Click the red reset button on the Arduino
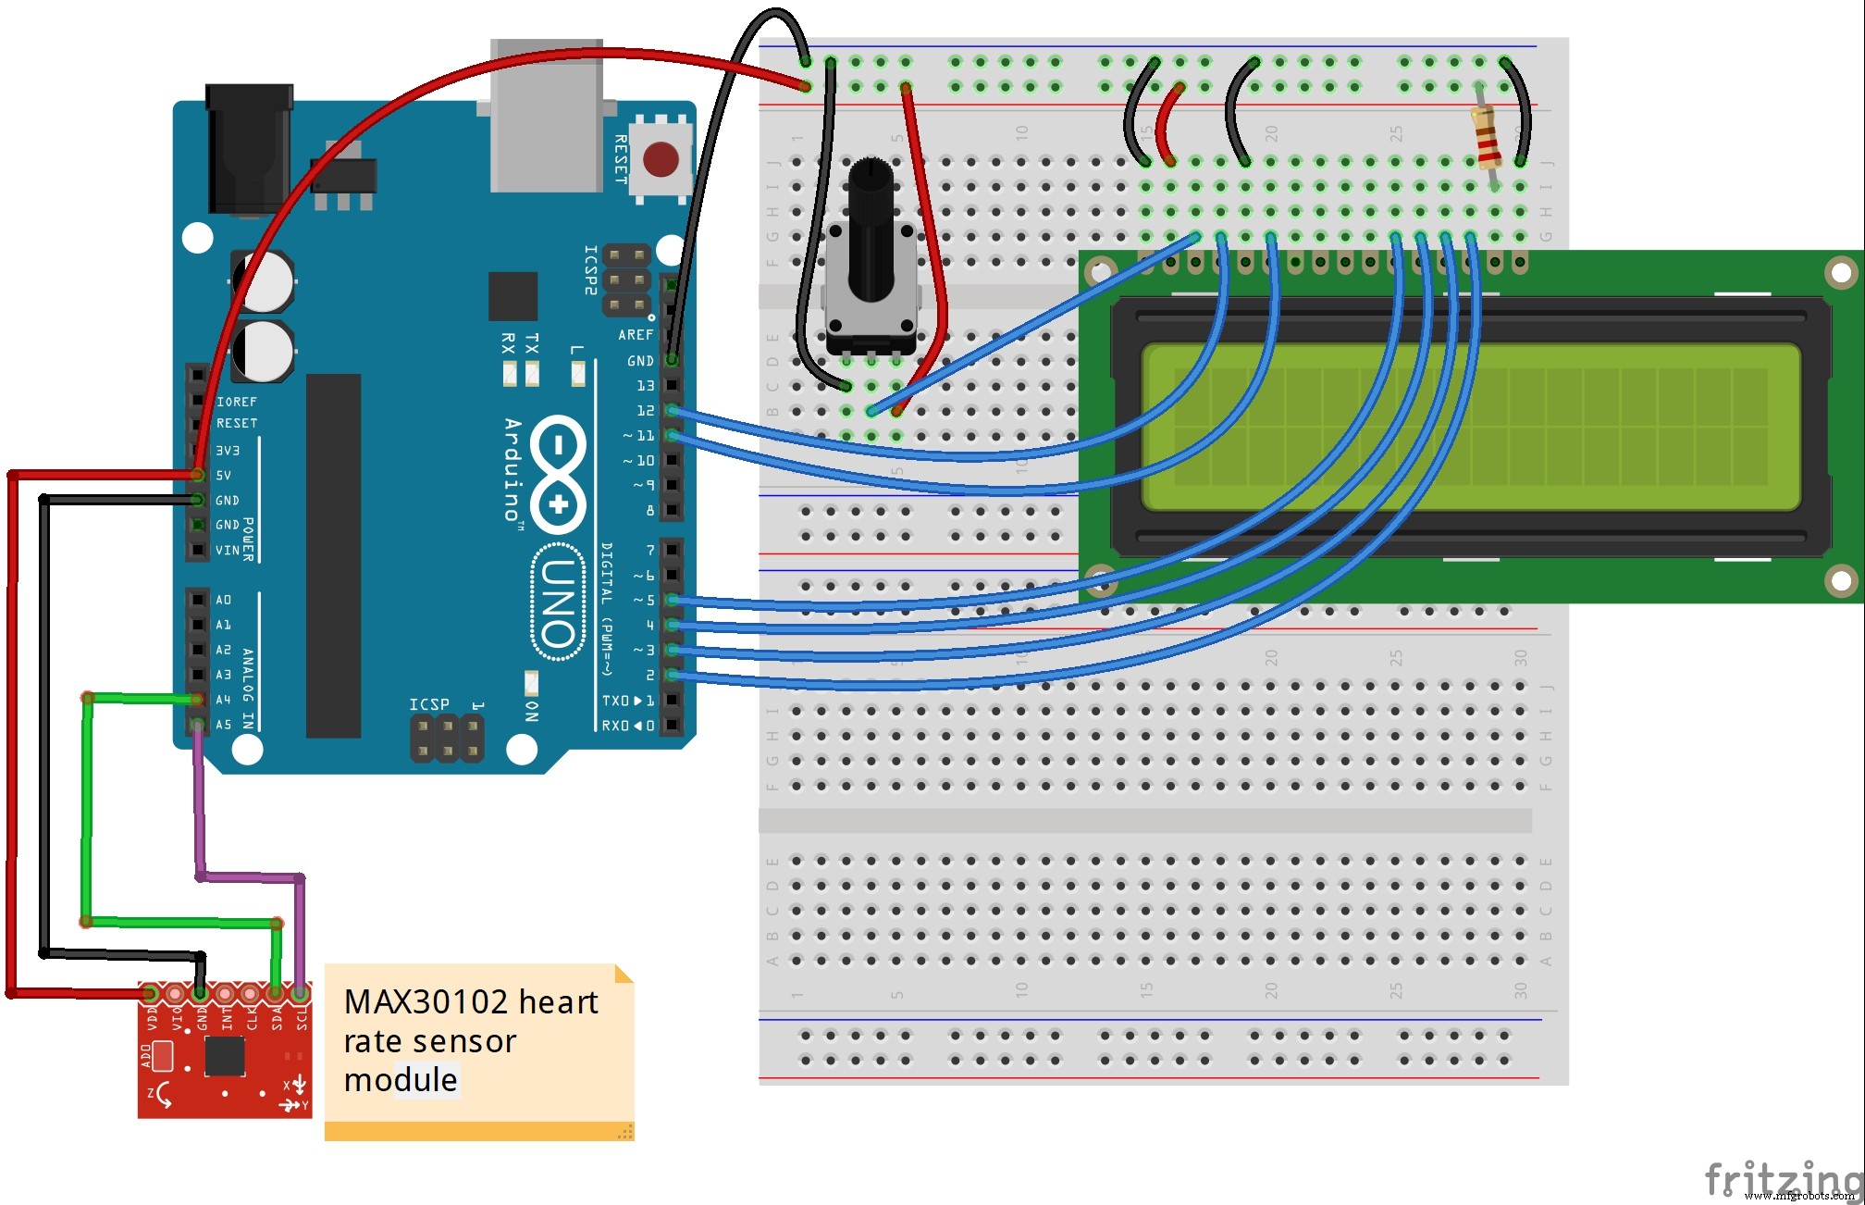point(661,159)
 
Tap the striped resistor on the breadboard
point(1486,138)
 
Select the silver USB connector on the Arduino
point(546,116)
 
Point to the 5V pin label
point(224,475)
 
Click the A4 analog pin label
point(223,700)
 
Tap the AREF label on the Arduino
point(636,335)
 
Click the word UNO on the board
point(559,602)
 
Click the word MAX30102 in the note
point(426,1002)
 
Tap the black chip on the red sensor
point(224,1056)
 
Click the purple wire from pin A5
point(199,805)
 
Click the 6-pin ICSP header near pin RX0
point(447,739)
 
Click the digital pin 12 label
point(645,410)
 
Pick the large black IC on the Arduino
point(333,555)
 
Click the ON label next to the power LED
point(532,711)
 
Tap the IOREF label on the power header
point(237,402)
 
